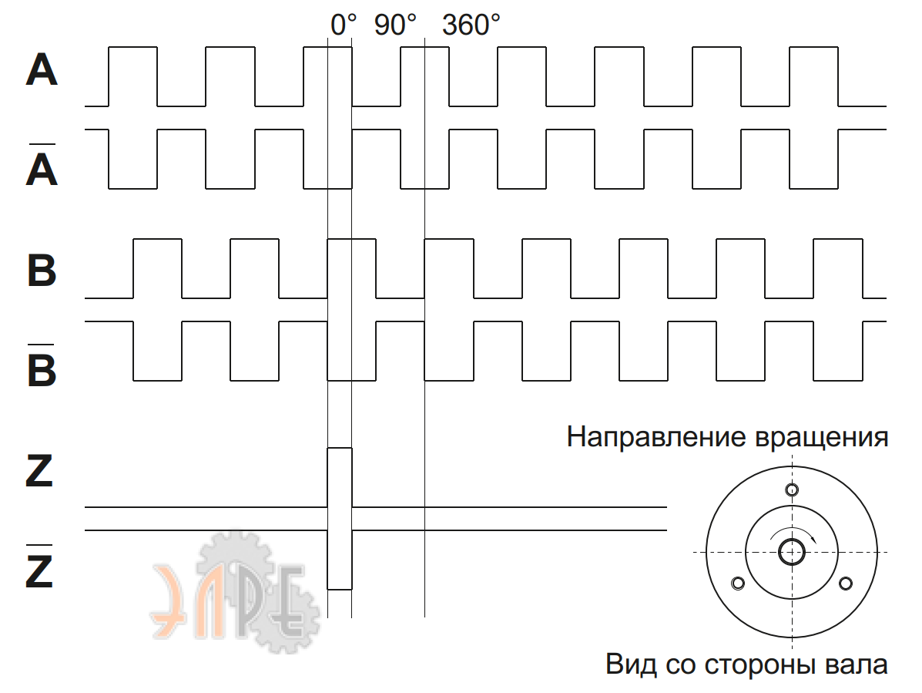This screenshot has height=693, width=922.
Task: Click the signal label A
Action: (x=42, y=70)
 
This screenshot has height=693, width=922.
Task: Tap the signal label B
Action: (x=42, y=271)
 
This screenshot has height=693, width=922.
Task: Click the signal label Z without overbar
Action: (x=39, y=471)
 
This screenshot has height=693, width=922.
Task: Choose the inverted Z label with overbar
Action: (x=39, y=571)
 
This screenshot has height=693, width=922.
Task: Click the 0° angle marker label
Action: (x=344, y=25)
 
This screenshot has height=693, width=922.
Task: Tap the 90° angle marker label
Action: (x=395, y=25)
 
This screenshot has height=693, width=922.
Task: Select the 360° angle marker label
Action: (x=471, y=25)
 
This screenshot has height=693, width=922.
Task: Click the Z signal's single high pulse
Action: (x=340, y=476)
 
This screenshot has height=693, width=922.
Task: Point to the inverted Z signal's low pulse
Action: (x=340, y=560)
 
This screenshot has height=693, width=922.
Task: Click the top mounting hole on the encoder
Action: (x=791, y=489)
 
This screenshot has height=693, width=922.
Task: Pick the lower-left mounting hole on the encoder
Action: (x=738, y=583)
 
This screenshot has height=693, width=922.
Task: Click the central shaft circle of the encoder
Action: (x=792, y=552)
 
